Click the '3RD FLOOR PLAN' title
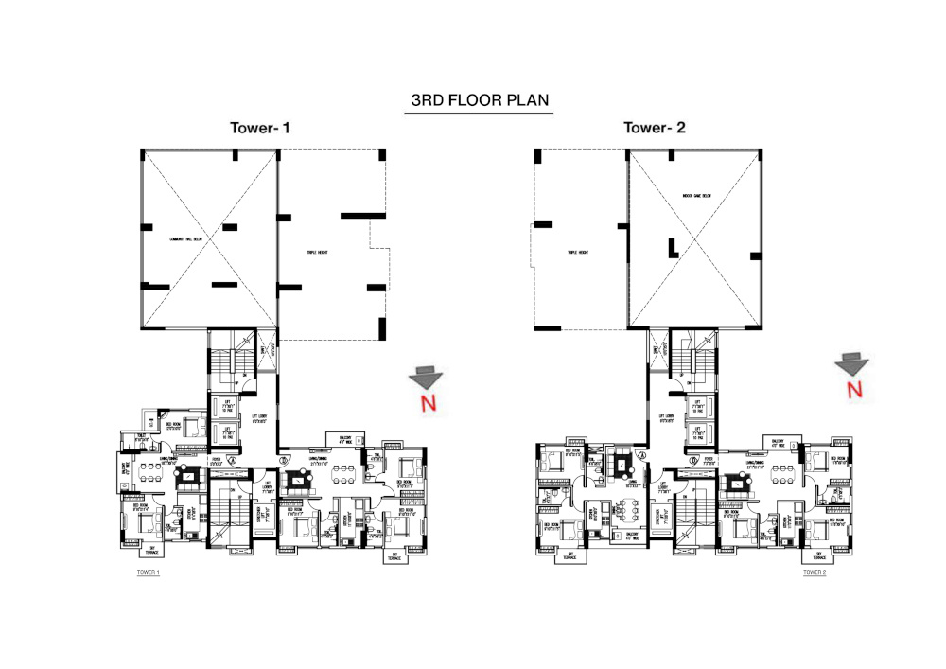click(478, 99)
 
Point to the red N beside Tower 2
click(854, 389)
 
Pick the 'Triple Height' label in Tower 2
click(578, 253)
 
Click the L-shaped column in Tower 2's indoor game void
click(673, 248)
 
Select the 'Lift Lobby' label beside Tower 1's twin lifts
click(256, 418)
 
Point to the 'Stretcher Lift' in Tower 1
click(258, 517)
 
